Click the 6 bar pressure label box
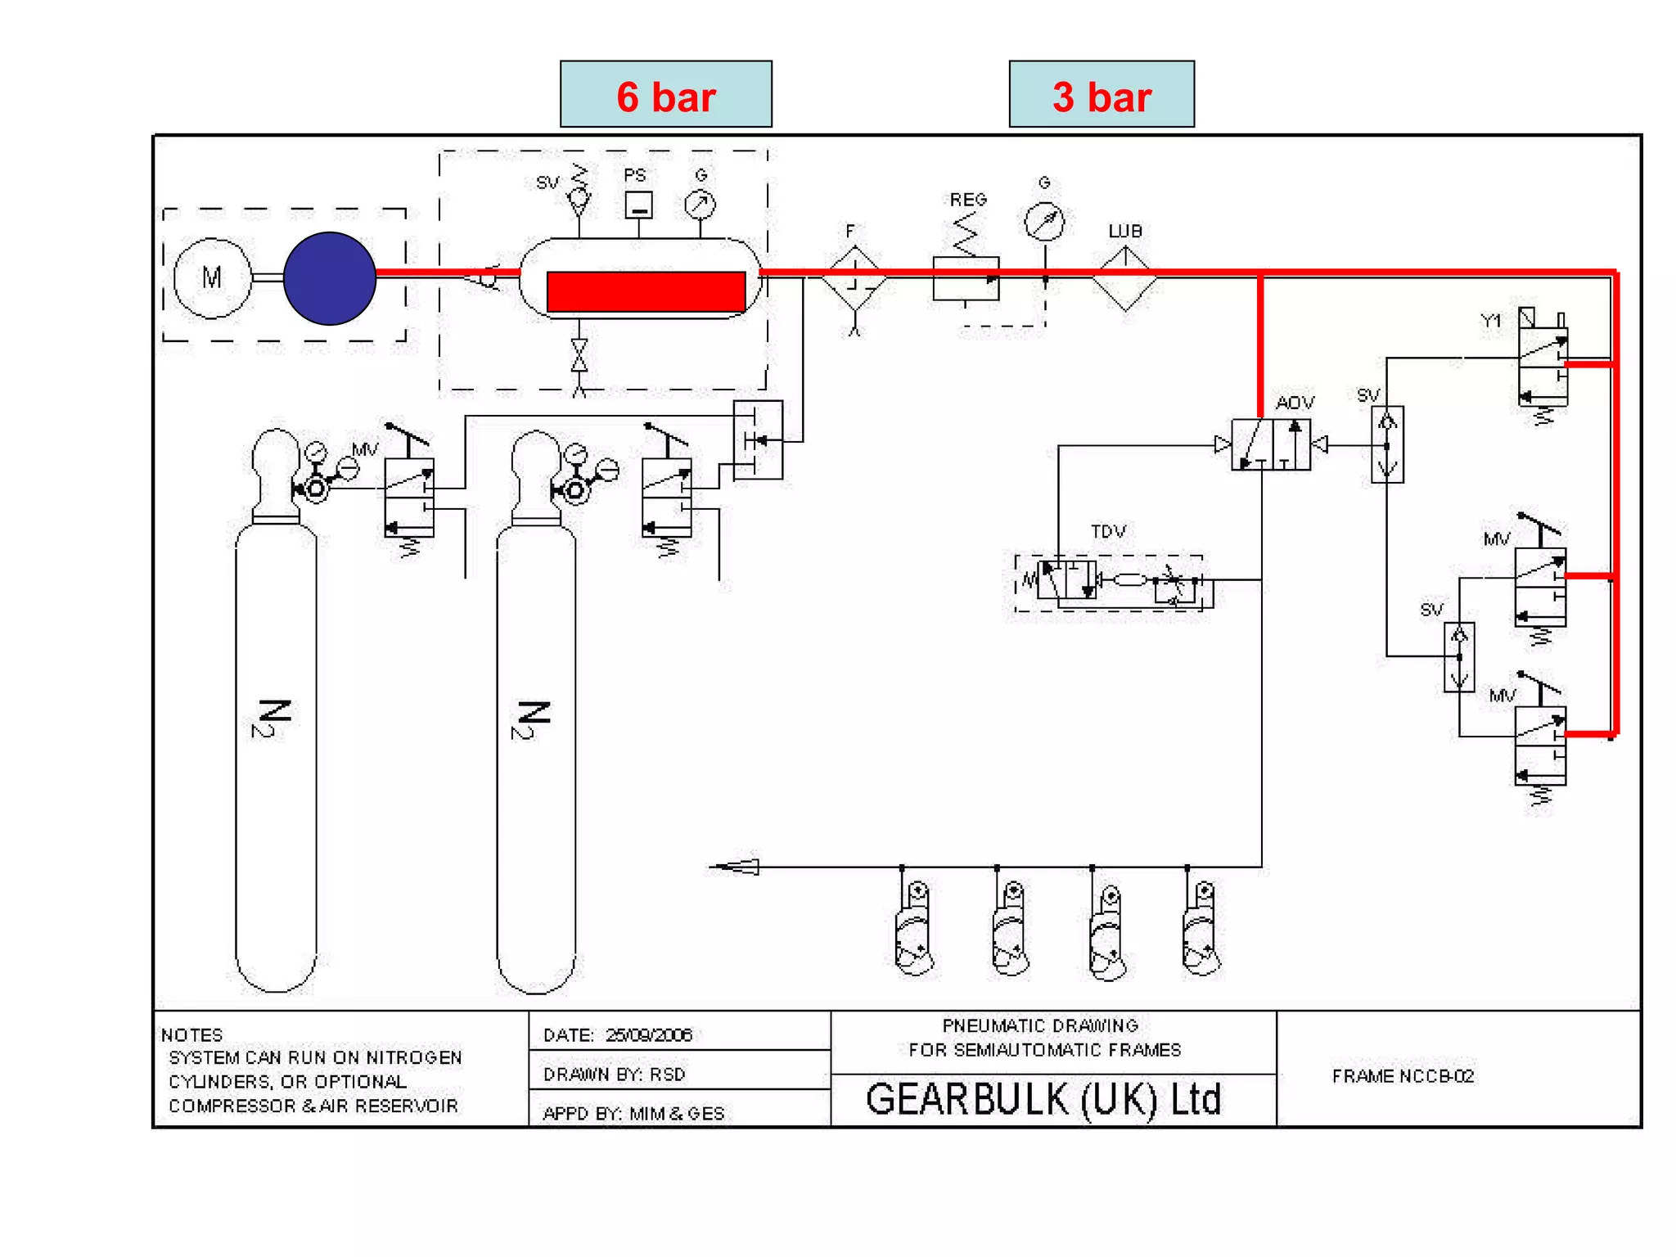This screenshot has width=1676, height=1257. click(665, 94)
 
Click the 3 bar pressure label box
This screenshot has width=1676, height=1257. click(1101, 94)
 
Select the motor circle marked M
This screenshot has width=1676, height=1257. click(212, 278)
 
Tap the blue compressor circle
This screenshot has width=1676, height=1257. click(329, 278)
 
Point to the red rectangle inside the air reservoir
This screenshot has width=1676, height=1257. click(646, 292)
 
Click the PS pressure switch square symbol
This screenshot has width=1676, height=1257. click(638, 205)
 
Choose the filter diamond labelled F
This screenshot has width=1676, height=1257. click(854, 279)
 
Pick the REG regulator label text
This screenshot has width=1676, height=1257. click(968, 200)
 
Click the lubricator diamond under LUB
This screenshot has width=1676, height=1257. click(1124, 279)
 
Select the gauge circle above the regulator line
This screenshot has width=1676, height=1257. click(1045, 221)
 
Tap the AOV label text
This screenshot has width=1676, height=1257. click(1295, 403)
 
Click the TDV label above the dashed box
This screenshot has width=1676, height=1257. click(1108, 532)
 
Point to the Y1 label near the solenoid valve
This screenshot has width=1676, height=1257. click(1492, 321)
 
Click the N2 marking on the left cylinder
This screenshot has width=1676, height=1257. click(273, 719)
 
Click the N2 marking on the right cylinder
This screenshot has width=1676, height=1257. click(534, 720)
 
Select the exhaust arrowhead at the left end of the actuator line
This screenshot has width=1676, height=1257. click(737, 867)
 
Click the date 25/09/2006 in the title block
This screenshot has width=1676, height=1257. click(649, 1035)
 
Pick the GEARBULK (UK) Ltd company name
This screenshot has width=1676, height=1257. click(1043, 1100)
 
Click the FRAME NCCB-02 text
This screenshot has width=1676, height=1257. click(1403, 1076)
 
